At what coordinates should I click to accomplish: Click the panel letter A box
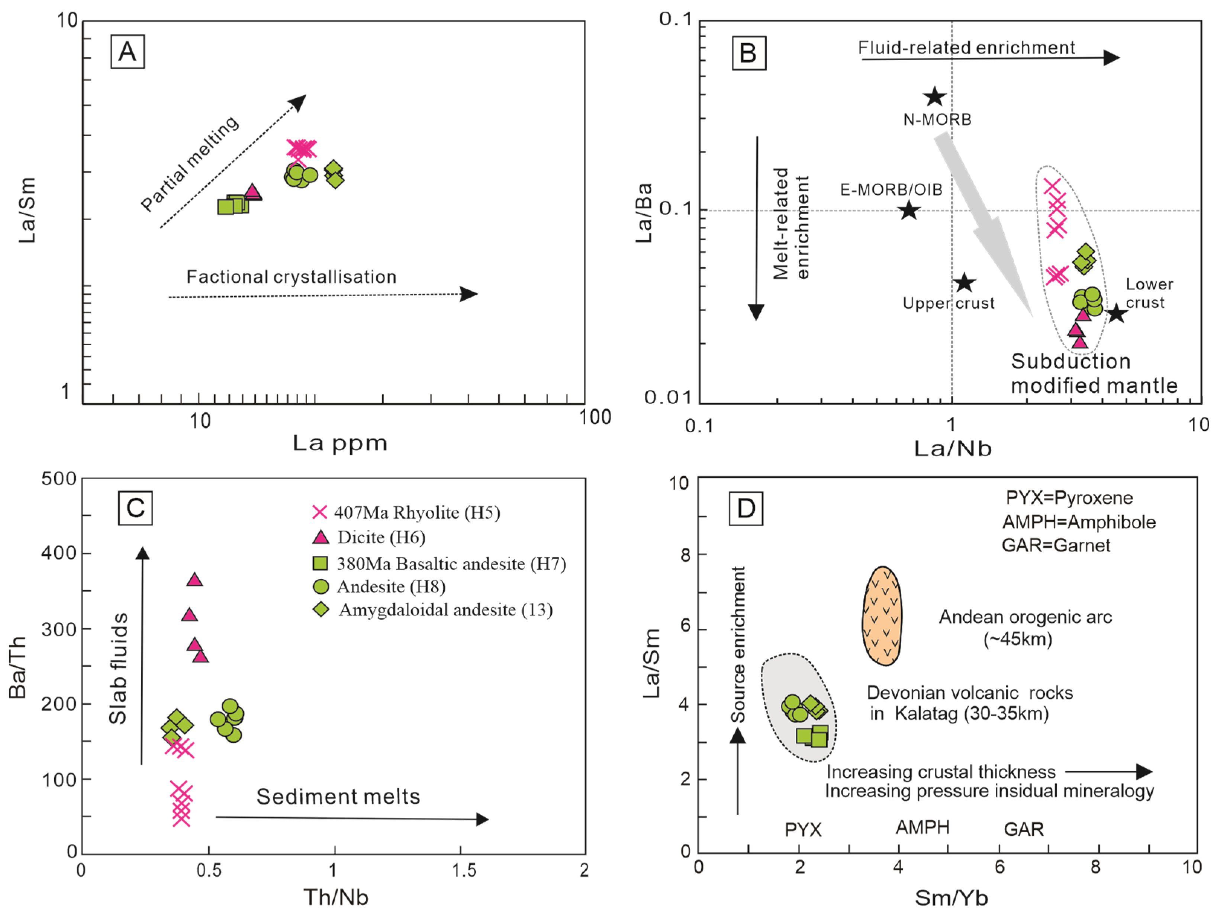click(127, 52)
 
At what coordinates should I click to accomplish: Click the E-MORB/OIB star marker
click(909, 210)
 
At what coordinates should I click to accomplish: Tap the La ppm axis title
click(339, 443)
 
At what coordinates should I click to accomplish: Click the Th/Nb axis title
click(336, 897)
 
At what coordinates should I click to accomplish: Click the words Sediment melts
click(338, 797)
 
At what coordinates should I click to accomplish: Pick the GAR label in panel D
click(1023, 829)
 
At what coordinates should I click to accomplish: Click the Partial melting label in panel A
click(190, 163)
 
